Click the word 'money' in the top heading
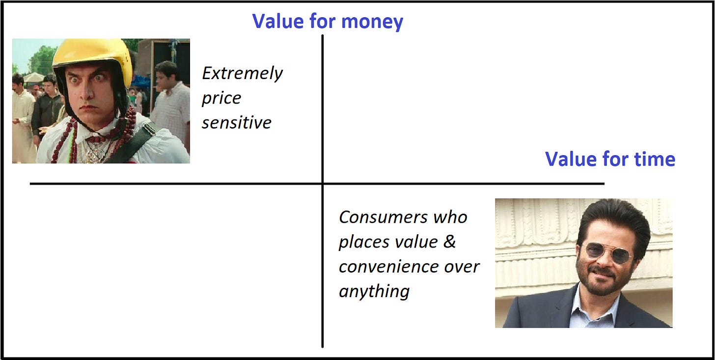point(372,22)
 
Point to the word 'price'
point(221,98)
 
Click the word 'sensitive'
point(237,123)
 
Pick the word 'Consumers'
point(383,218)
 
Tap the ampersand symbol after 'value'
point(449,242)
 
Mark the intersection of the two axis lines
point(322,184)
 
